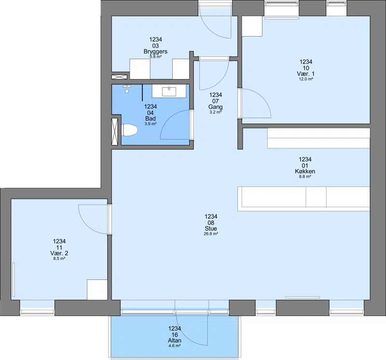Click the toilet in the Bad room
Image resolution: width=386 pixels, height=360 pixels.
(129, 130)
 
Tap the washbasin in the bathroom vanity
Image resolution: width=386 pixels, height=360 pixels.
(169, 92)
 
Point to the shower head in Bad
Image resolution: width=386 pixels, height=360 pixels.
(127, 89)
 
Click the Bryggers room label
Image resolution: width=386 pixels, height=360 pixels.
(155, 52)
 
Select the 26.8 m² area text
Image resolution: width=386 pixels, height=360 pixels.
(211, 234)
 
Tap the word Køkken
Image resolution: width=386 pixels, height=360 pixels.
(305, 171)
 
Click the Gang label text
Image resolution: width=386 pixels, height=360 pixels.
(215, 107)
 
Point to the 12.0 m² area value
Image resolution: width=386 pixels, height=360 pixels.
(306, 79)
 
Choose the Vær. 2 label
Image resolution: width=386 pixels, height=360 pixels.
(59, 253)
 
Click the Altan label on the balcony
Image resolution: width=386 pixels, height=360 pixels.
(175, 340)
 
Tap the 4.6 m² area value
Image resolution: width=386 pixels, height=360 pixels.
(175, 346)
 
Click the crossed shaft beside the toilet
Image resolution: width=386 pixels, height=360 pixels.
(115, 132)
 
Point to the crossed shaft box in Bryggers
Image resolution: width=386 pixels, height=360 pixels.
(119, 77)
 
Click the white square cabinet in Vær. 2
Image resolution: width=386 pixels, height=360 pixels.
(97, 290)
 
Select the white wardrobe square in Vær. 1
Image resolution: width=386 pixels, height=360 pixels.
(252, 27)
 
